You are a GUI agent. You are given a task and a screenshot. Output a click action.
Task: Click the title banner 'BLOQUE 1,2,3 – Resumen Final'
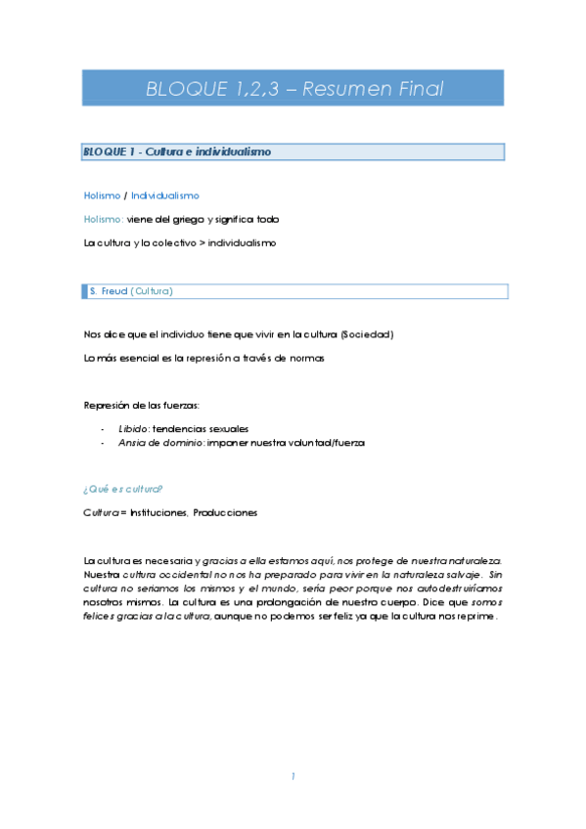pyautogui.click(x=293, y=89)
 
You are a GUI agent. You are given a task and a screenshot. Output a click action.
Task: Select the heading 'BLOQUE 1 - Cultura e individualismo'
pyautogui.click(x=177, y=152)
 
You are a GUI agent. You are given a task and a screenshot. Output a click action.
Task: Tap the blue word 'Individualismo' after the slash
pyautogui.click(x=165, y=196)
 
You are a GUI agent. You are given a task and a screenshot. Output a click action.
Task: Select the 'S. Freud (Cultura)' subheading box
pyautogui.click(x=293, y=291)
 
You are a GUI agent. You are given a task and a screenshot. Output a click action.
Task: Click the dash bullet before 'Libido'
pyautogui.click(x=103, y=428)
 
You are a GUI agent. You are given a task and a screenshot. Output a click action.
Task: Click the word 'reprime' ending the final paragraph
pyautogui.click(x=476, y=617)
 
